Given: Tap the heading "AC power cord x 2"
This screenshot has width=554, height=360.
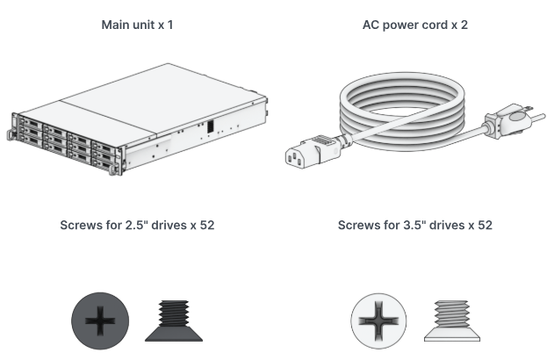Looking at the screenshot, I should (415, 25).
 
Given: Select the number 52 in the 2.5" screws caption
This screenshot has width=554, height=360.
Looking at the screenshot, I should (206, 226).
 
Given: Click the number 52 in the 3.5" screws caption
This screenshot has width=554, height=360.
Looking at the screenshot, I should (484, 226).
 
